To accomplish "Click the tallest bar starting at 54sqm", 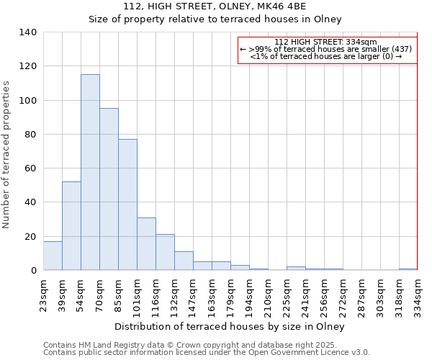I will (x=90, y=173).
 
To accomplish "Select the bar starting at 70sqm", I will (x=109, y=189).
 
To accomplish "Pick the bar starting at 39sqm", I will (x=71, y=226).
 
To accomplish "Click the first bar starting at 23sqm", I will (x=53, y=256).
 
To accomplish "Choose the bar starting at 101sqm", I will (x=146, y=244).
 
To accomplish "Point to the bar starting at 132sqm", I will (x=184, y=261).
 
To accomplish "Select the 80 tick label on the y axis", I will (x=30, y=135).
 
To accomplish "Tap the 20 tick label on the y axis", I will (x=30, y=236).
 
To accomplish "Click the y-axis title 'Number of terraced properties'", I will (x=7, y=155).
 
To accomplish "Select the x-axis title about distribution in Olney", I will (x=230, y=327).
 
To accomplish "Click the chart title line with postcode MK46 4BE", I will (x=215, y=6).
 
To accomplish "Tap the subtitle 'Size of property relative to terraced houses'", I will (x=215, y=19).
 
